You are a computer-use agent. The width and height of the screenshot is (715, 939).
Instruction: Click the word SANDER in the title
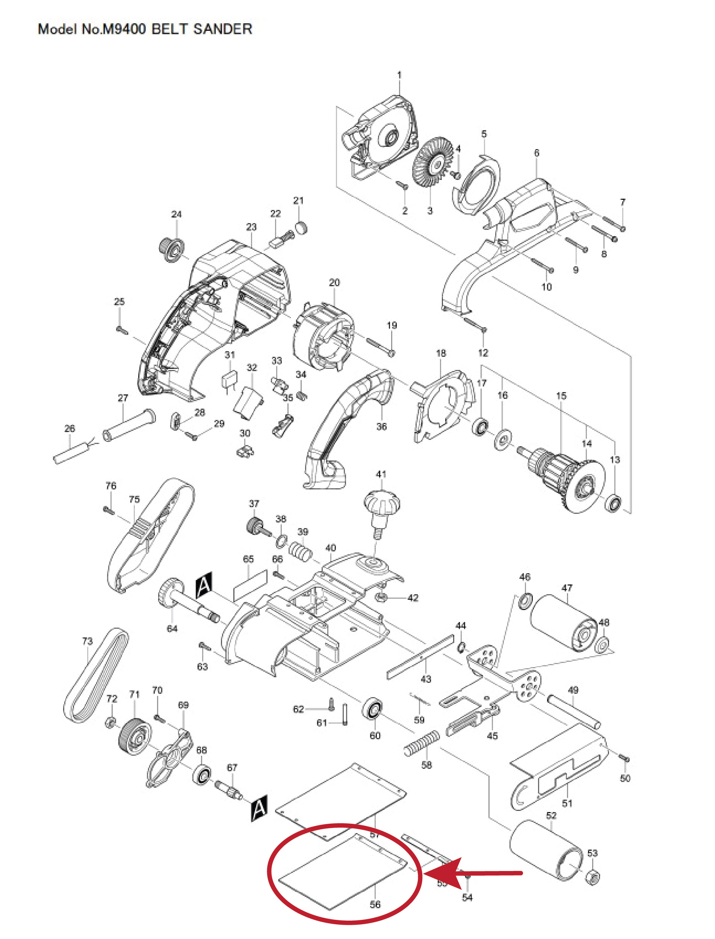(x=222, y=29)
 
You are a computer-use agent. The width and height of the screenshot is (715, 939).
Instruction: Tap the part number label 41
(x=381, y=474)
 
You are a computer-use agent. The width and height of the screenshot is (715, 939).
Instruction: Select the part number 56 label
(x=375, y=904)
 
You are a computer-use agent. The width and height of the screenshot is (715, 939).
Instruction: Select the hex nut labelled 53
(x=593, y=877)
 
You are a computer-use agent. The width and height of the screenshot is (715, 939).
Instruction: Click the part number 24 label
(x=176, y=214)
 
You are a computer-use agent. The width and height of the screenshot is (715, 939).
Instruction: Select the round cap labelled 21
(x=301, y=228)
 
